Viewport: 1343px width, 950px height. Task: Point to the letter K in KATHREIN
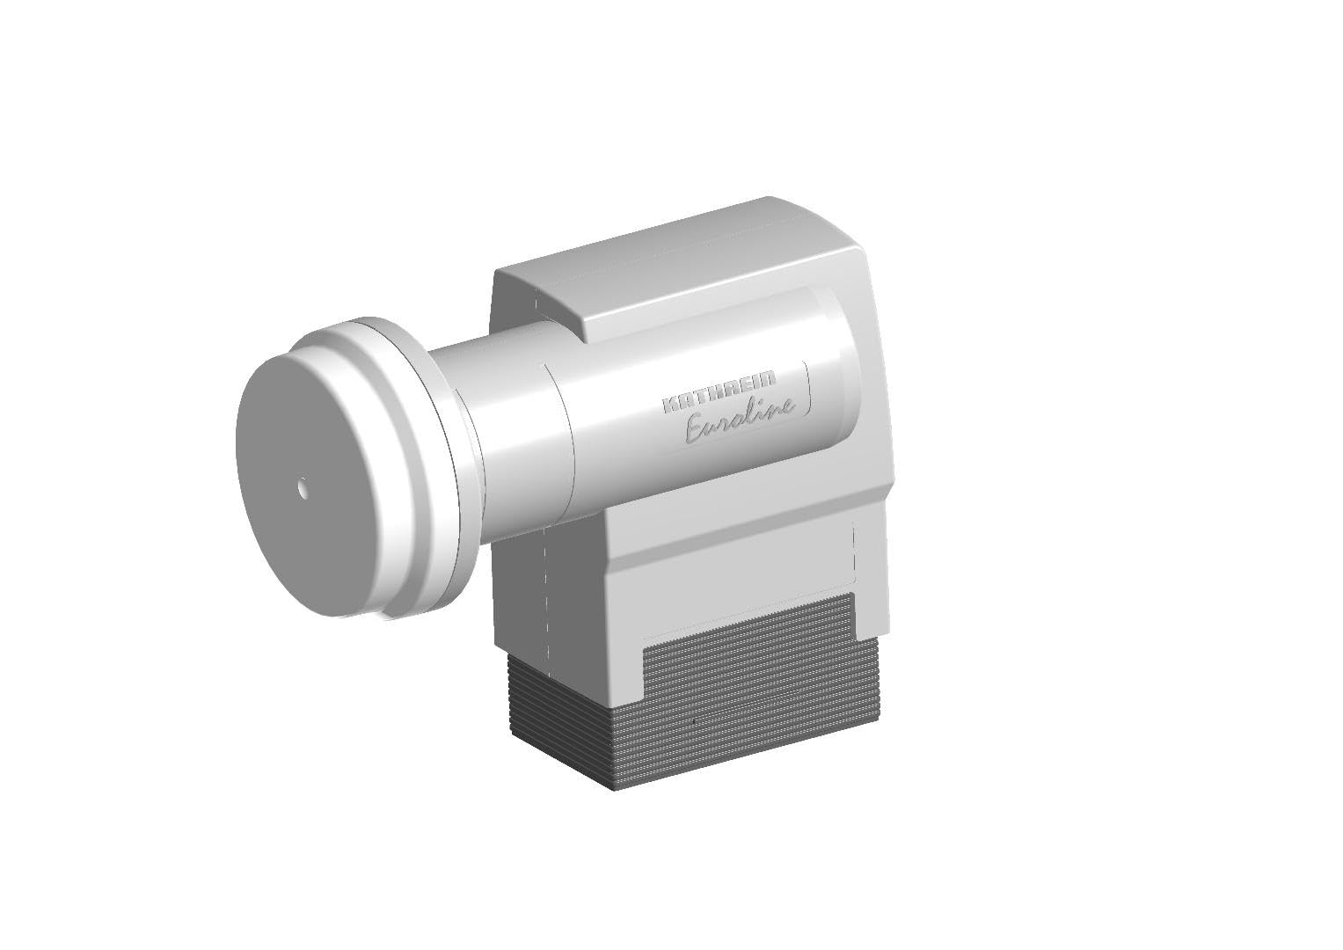tap(670, 405)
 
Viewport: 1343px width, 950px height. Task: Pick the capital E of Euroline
tap(696, 431)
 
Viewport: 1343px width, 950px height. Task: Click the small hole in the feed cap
tap(303, 486)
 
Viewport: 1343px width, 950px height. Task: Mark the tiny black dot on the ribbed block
tap(694, 720)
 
